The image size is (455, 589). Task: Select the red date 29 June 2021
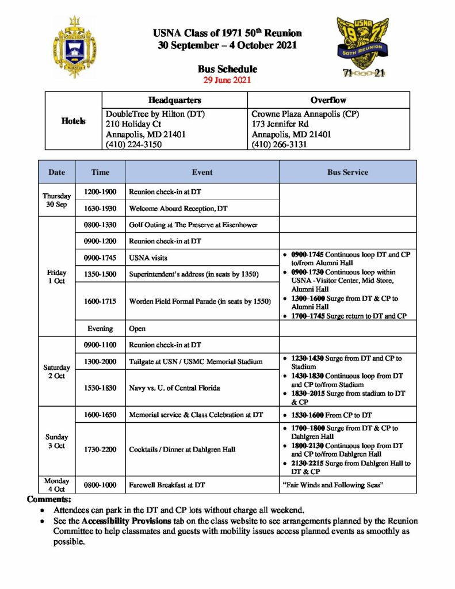[227, 80]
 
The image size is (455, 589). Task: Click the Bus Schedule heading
[227, 70]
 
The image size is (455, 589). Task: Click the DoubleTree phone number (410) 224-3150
[134, 144]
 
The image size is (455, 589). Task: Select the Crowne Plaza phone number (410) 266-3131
[280, 144]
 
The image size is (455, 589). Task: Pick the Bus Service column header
[347, 172]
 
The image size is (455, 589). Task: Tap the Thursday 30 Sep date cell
[57, 200]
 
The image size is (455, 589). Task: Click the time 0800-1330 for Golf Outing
[100, 225]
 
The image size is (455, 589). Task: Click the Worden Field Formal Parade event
[200, 301]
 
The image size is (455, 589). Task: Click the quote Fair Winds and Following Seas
[333, 485]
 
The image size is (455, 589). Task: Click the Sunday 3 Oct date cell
[57, 441]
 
